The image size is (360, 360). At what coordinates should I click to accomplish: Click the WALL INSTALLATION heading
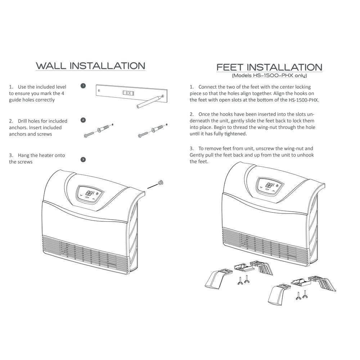tap(90, 66)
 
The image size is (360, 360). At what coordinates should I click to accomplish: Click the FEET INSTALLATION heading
tap(269, 67)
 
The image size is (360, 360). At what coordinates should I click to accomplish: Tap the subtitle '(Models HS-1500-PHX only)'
tap(269, 76)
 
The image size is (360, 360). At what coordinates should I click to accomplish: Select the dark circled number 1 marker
tap(83, 86)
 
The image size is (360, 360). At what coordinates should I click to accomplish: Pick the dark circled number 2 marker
tap(83, 120)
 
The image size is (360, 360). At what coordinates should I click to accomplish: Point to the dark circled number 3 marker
tap(83, 159)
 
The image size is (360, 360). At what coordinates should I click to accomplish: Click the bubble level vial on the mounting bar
tap(128, 93)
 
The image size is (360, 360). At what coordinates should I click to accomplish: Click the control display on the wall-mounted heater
tap(90, 194)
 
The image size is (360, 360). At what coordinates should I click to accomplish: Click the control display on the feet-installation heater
tap(270, 185)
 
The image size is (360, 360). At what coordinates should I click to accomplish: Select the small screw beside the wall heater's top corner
tap(161, 183)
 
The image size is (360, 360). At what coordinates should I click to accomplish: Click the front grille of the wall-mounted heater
tap(85, 254)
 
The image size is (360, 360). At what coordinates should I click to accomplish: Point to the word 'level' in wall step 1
tap(60, 87)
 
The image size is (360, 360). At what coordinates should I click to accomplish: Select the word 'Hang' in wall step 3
tap(23, 156)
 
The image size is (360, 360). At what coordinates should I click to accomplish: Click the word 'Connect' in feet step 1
tap(207, 87)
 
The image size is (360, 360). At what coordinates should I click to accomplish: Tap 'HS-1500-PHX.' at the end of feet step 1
tap(304, 100)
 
